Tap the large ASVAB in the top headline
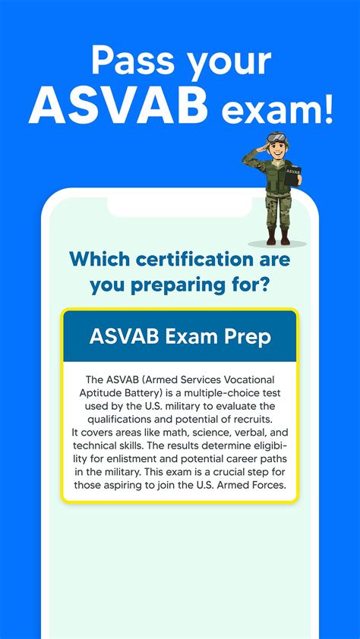pyautogui.click(x=118, y=107)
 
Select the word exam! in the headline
pyautogui.click(x=277, y=111)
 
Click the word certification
pyautogui.click(x=197, y=259)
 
